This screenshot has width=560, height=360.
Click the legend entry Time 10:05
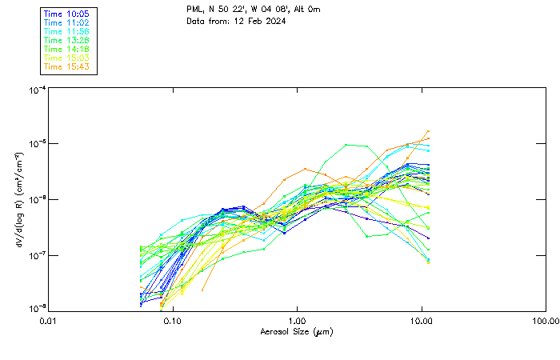67,14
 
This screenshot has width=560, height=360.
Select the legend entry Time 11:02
67,23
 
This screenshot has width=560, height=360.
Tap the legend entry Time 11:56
67,31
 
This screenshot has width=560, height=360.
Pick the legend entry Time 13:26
67,40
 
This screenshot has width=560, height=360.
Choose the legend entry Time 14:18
67,49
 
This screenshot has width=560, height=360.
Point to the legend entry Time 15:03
67,58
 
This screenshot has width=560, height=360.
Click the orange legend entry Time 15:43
67,66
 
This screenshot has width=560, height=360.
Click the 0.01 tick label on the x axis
49,322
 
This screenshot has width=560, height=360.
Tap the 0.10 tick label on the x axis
173,322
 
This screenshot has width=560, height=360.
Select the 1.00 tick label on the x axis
298,322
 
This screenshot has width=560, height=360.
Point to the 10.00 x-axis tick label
422,322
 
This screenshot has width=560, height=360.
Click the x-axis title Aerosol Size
296,332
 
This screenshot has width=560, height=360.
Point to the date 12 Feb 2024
259,21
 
